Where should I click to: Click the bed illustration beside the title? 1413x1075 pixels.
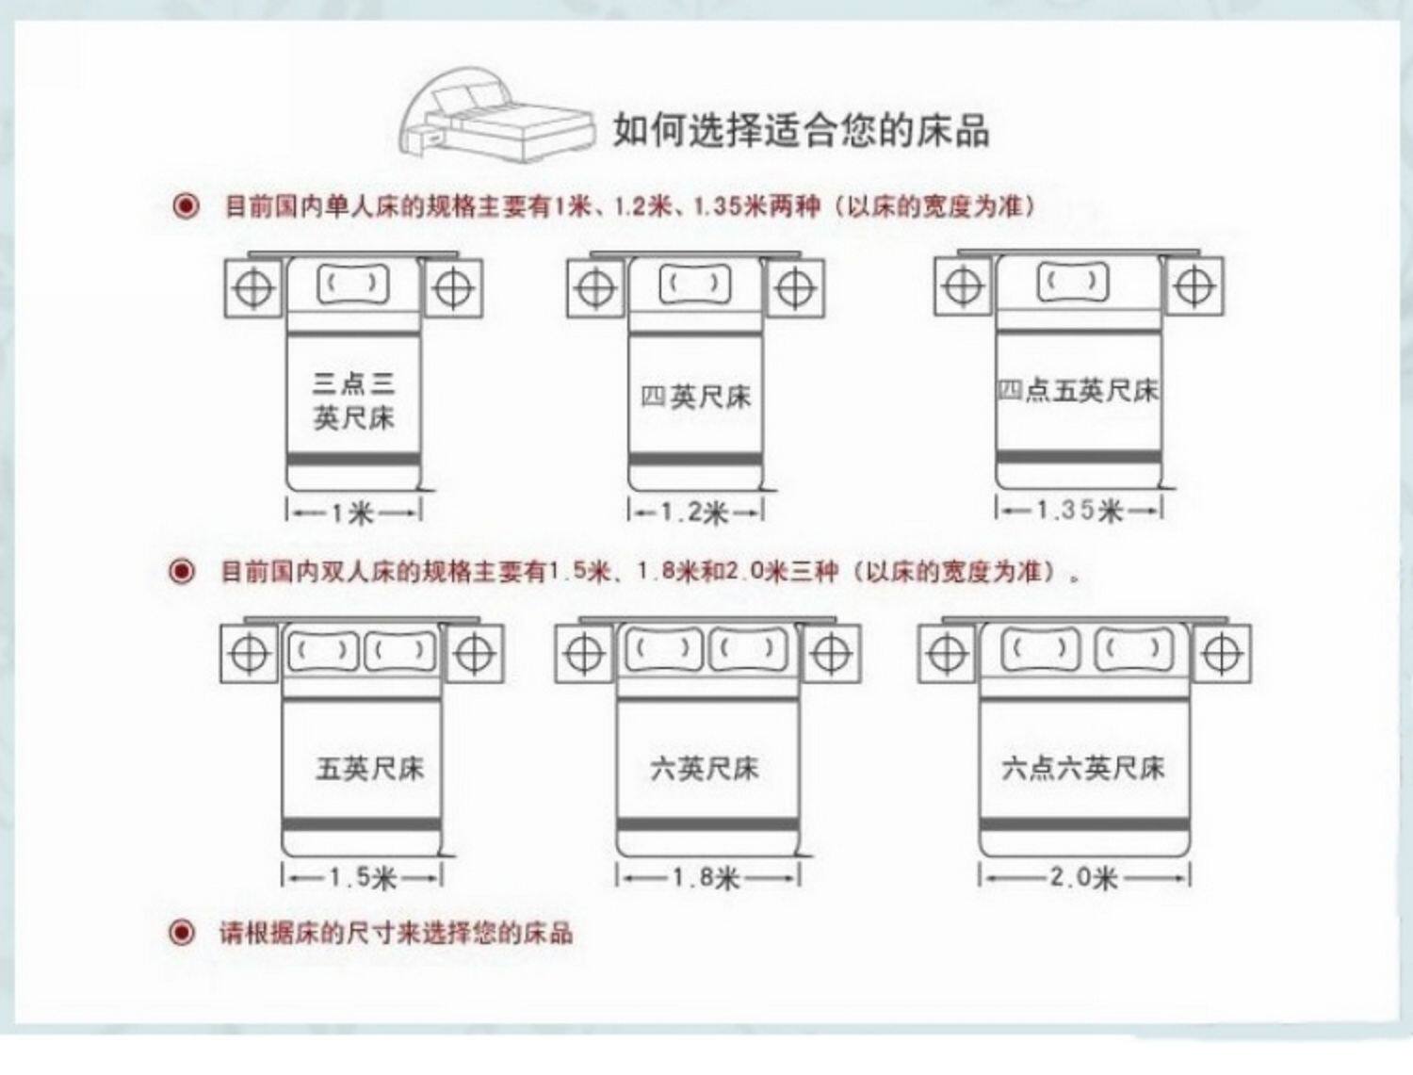pyautogui.click(x=496, y=115)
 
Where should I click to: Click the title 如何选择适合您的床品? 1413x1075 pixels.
pyautogui.click(x=801, y=129)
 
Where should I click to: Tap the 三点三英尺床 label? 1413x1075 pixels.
pyautogui.click(x=353, y=400)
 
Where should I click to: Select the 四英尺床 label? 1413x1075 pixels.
pyautogui.click(x=696, y=397)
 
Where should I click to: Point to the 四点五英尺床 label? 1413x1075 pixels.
pyautogui.click(x=1079, y=390)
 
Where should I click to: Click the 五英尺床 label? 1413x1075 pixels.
pyautogui.click(x=370, y=769)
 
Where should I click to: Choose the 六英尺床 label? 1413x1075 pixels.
pyautogui.click(x=705, y=769)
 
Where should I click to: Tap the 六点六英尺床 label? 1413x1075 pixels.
pyautogui.click(x=1083, y=768)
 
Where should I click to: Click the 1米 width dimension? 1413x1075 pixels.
pyautogui.click(x=353, y=513)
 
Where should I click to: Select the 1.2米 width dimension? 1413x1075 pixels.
pyautogui.click(x=695, y=513)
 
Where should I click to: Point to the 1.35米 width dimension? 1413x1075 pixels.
pyautogui.click(x=1080, y=511)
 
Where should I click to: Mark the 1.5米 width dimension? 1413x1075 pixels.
pyautogui.click(x=363, y=878)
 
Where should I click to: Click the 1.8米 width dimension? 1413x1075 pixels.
pyautogui.click(x=706, y=878)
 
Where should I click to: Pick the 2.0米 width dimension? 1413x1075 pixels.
pyautogui.click(x=1083, y=878)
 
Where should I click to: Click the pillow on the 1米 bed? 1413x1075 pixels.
pyautogui.click(x=353, y=284)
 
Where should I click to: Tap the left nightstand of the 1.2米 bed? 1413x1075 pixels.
pyautogui.click(x=595, y=288)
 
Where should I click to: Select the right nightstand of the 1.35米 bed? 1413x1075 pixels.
pyautogui.click(x=1194, y=286)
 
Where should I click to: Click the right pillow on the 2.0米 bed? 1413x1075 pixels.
pyautogui.click(x=1133, y=650)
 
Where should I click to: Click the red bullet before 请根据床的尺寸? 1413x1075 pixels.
pyautogui.click(x=182, y=933)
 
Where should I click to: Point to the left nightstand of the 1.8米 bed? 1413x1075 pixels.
pyautogui.click(x=584, y=652)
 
